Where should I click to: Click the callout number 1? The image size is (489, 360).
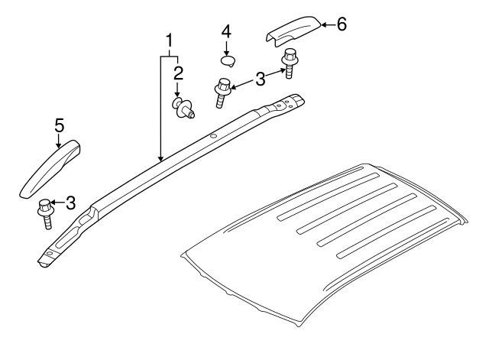[x=169, y=41]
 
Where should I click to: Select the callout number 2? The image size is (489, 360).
[x=178, y=73]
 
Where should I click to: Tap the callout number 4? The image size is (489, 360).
[x=226, y=32]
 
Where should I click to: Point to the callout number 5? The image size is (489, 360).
[x=59, y=125]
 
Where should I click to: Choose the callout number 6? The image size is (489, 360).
[x=342, y=24]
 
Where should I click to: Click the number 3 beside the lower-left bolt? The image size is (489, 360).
[x=70, y=203]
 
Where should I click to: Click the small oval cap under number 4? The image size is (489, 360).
[x=228, y=61]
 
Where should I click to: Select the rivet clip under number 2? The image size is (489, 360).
[x=183, y=108]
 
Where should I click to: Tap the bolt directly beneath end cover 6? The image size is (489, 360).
[x=290, y=63]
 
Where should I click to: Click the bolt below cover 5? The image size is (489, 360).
[x=46, y=214]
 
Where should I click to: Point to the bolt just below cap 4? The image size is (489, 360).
[x=222, y=93]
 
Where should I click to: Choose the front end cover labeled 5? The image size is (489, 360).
[x=50, y=169]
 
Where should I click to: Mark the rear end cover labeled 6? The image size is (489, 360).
[x=293, y=31]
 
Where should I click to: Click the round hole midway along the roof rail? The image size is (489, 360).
[x=214, y=136]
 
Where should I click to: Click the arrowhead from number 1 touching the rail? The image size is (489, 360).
[x=160, y=159]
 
